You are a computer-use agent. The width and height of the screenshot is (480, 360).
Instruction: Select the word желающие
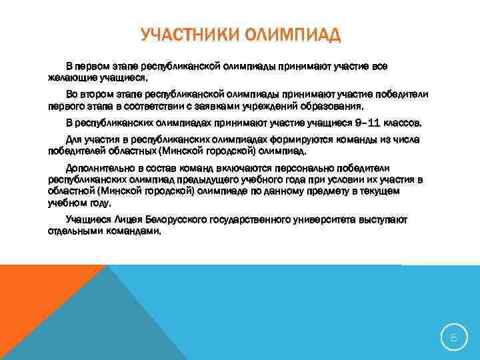(x=72, y=77)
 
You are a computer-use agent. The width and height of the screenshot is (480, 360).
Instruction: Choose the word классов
(x=406, y=123)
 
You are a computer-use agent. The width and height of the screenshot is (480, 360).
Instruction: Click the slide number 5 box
(x=453, y=338)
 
